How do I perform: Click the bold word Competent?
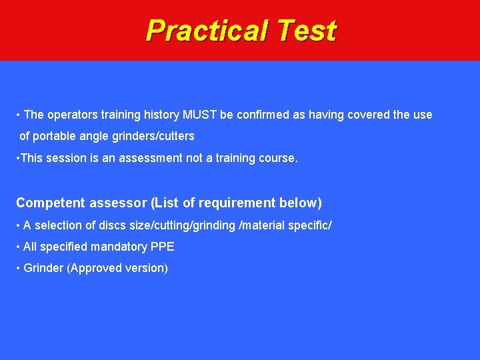50,203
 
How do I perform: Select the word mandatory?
120,247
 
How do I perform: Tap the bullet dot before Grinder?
18,268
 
